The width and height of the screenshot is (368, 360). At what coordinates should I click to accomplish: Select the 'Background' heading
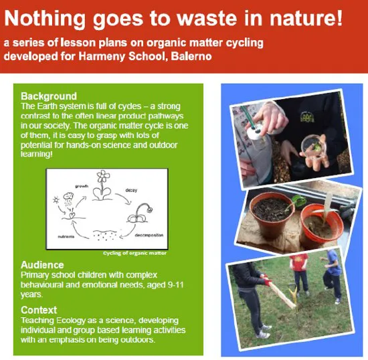click(49, 96)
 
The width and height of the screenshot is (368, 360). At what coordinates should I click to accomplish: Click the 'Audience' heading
click(43, 265)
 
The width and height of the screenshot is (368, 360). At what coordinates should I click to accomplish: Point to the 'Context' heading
click(39, 310)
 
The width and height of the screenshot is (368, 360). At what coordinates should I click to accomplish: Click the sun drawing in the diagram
click(56, 199)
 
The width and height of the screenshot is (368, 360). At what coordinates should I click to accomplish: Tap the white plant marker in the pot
click(329, 204)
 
